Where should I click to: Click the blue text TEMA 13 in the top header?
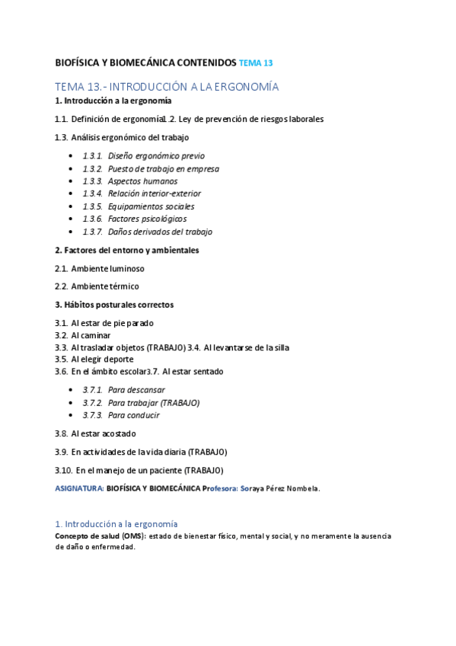point(256,63)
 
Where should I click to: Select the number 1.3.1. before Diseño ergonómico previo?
point(92,155)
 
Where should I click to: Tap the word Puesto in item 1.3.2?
point(121,168)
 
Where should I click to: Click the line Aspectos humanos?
point(142,181)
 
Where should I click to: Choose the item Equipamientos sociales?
point(151,206)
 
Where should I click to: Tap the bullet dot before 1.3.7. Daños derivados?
point(71,232)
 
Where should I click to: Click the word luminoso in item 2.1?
point(126,268)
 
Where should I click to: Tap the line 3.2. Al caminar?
point(82,335)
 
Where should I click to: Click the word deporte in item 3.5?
point(117,360)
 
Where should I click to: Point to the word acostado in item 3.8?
point(114,433)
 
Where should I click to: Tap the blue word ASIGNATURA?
point(78,488)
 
